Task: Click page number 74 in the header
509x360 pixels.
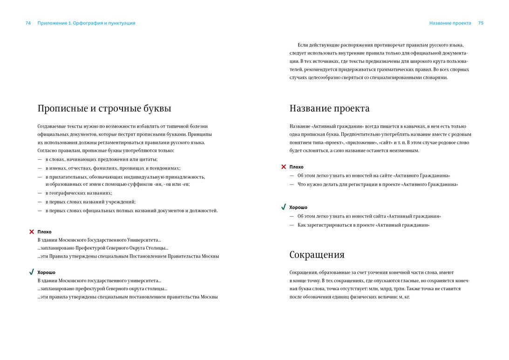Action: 28,23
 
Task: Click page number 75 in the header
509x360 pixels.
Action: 481,23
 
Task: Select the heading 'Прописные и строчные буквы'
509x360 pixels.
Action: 104,109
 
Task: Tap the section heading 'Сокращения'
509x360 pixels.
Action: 317,255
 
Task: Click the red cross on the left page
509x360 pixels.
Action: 32,231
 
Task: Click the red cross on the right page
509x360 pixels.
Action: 283,167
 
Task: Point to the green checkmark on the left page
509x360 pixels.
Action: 32,272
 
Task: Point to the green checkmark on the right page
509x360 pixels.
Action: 283,207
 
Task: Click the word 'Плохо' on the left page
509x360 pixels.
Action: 44,232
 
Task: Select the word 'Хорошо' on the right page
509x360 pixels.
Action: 298,207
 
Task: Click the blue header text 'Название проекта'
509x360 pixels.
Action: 450,23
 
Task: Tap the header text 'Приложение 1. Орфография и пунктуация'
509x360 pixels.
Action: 86,23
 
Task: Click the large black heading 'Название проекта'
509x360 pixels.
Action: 329,109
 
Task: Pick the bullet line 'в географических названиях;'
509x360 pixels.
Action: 79,193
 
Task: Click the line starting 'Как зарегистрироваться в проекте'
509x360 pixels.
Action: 363,225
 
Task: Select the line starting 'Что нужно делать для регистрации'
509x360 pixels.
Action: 378,184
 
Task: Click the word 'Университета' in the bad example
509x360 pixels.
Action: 144,240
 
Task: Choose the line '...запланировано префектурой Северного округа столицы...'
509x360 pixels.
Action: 102,289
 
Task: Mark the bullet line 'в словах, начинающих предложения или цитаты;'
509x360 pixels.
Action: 102,159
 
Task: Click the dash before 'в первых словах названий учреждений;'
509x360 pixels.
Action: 40,202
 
